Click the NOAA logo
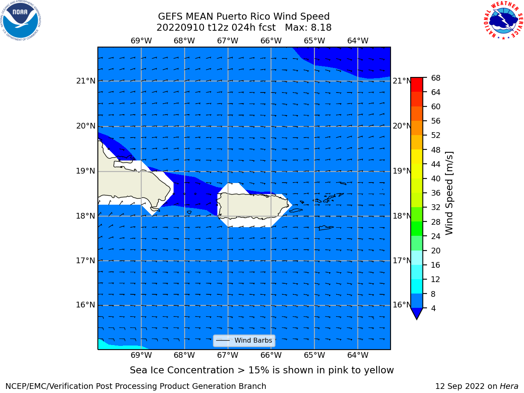[20, 20]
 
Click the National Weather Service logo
[503, 20]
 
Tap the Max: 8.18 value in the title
[308, 28]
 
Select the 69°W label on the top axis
[141, 41]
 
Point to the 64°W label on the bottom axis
[358, 355]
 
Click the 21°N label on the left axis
[86, 81]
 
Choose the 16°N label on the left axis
[86, 305]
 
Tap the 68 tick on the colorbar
[436, 78]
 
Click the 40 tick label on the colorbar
[436, 179]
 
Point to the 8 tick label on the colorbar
[433, 294]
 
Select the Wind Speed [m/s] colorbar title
[449, 193]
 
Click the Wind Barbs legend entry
[244, 341]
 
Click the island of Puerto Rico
[253, 206]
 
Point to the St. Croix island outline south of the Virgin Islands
[326, 228]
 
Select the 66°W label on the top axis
[271, 41]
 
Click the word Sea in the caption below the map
[138, 370]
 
